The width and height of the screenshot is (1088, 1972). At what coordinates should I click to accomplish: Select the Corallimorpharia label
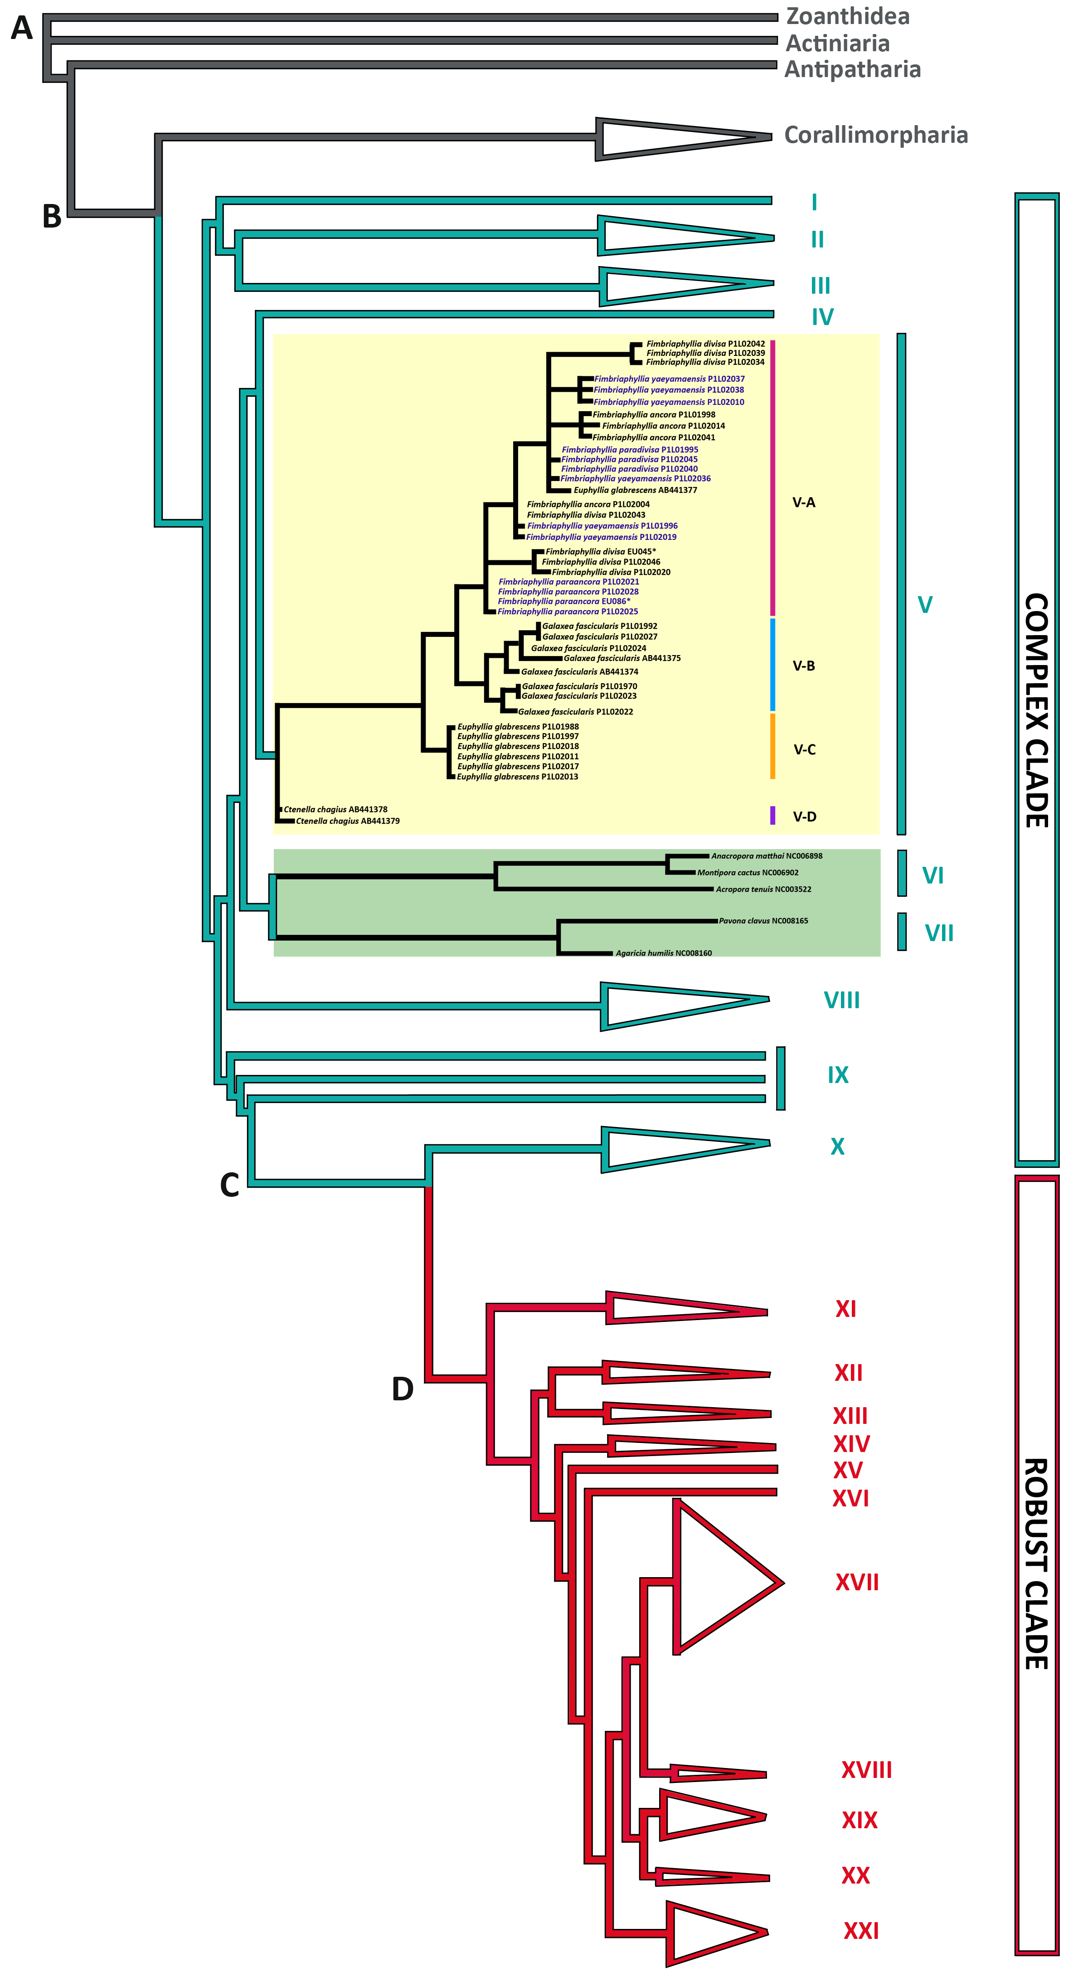tap(876, 136)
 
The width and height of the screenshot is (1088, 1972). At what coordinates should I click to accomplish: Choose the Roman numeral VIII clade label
tap(841, 1001)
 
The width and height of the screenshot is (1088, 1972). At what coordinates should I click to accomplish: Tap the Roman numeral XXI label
tap(860, 1931)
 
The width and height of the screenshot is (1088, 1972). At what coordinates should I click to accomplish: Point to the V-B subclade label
tap(804, 666)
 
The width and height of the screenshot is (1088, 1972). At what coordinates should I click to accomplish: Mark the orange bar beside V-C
tap(772, 746)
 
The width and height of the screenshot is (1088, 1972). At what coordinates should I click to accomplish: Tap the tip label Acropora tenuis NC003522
tap(763, 889)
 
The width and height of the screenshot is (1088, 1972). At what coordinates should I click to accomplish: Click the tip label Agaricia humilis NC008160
tap(664, 953)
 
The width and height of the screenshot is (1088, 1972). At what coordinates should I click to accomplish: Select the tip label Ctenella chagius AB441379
tap(348, 821)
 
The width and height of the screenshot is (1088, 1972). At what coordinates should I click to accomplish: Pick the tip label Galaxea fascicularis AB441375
tap(622, 658)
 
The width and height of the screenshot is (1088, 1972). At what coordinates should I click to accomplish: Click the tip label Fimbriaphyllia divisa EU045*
tap(600, 551)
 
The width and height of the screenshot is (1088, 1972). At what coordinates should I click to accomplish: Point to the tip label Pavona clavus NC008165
tap(763, 921)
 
